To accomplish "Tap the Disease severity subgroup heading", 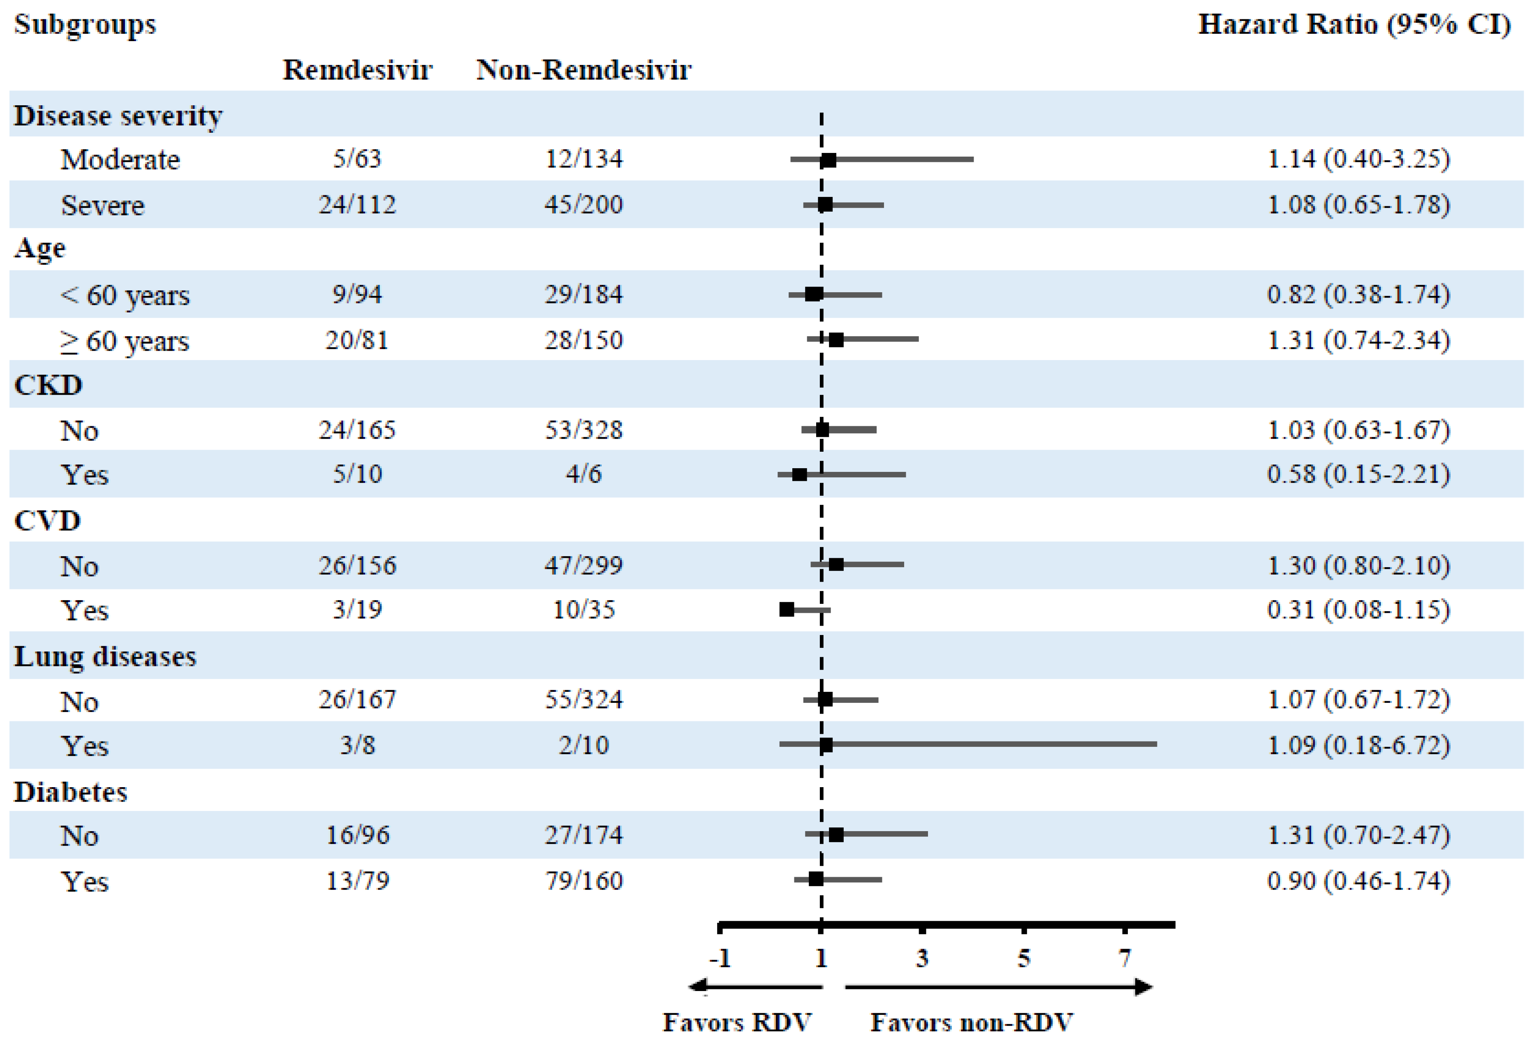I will click(x=119, y=116).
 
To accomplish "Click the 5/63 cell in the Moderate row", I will click(x=356, y=159).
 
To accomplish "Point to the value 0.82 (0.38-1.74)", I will click(x=1358, y=295).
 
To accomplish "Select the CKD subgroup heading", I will click(x=48, y=385).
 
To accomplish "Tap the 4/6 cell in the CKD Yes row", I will click(x=583, y=474).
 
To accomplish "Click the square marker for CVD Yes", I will click(x=787, y=609).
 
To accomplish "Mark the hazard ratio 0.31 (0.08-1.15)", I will click(x=1358, y=610).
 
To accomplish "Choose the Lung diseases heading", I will click(x=106, y=656).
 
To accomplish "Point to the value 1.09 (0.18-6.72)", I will click(x=1358, y=745).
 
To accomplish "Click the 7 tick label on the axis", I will click(x=1124, y=958).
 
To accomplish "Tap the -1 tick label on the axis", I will click(x=720, y=958).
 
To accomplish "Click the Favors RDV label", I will click(x=736, y=1022).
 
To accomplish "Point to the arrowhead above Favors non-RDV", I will click(x=1144, y=987).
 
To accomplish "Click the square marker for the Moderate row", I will click(x=828, y=159).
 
